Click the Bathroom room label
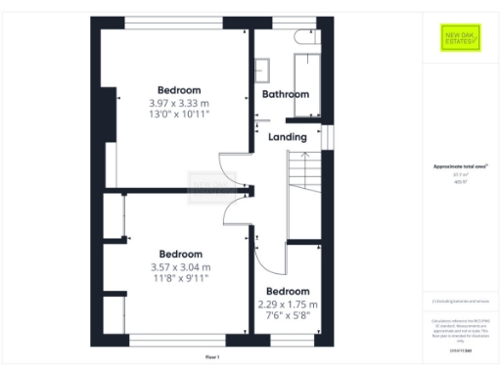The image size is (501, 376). pyautogui.click(x=286, y=94)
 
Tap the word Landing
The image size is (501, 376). pyautogui.click(x=287, y=137)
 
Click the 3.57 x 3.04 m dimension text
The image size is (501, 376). pyautogui.click(x=180, y=266)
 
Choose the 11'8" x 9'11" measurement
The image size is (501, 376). pyautogui.click(x=180, y=279)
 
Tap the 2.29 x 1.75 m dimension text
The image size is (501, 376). pyautogui.click(x=288, y=304)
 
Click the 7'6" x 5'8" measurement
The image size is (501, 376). pyautogui.click(x=288, y=315)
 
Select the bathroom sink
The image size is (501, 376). pyautogui.click(x=264, y=70)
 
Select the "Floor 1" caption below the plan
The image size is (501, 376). pyautogui.click(x=213, y=357)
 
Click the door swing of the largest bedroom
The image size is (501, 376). pyautogui.click(x=227, y=168)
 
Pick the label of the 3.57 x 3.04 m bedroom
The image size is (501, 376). pyautogui.click(x=180, y=254)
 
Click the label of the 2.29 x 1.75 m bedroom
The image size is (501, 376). pyautogui.click(x=288, y=291)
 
